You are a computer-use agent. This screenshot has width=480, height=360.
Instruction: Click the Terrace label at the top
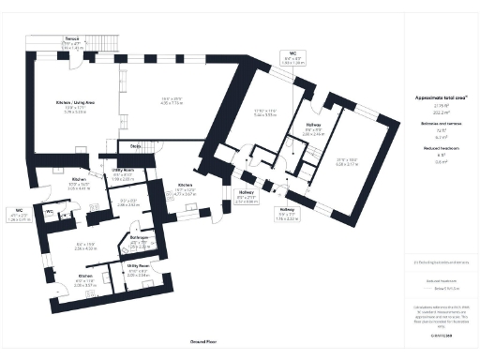point(72,39)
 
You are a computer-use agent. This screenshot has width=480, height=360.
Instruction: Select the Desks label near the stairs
point(135,146)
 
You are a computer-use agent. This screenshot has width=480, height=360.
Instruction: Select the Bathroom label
point(135,242)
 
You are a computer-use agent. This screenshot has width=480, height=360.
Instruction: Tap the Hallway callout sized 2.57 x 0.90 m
point(247,198)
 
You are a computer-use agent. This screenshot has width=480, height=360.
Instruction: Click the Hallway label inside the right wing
point(313,125)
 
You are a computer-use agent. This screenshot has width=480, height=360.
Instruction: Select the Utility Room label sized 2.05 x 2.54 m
point(138,270)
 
